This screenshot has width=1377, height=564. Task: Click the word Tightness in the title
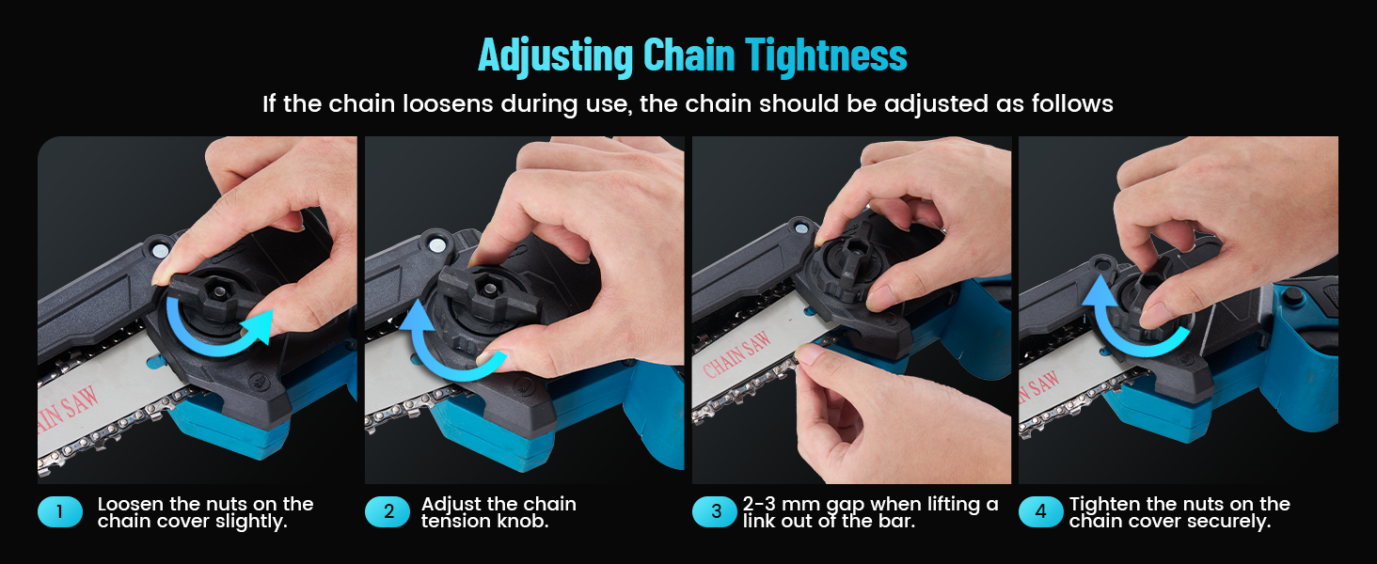(826, 56)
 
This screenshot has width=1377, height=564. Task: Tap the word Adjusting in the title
(556, 56)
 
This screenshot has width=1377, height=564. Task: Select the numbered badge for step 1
(59, 511)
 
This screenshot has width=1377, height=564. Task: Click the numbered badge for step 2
(388, 511)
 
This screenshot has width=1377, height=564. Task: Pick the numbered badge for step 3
(715, 511)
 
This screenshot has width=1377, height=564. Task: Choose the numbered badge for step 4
(1040, 511)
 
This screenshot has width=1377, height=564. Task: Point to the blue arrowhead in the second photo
(416, 316)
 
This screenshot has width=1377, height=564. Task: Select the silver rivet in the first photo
(159, 250)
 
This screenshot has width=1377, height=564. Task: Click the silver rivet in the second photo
(437, 245)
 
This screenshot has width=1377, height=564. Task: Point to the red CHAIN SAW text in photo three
(736, 354)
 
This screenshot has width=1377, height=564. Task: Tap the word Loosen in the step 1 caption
(131, 504)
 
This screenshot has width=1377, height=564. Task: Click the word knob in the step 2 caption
(522, 521)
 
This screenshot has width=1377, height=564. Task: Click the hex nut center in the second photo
(489, 289)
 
